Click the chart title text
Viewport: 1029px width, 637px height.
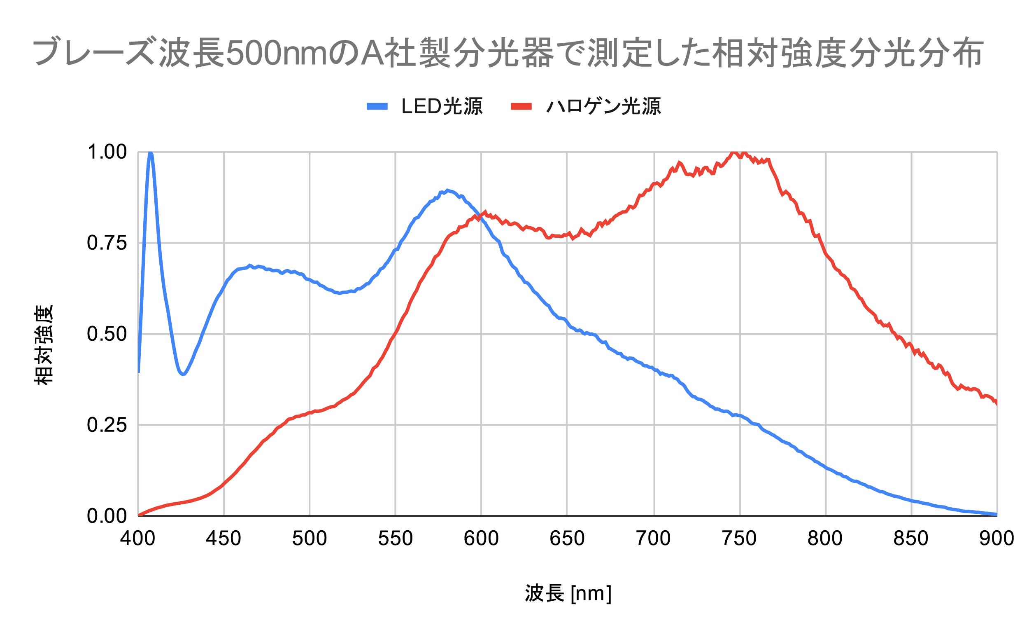coord(508,52)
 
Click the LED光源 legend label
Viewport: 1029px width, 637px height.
coord(442,106)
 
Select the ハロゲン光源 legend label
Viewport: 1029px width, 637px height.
coord(603,106)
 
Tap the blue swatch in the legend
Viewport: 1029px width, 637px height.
coord(377,106)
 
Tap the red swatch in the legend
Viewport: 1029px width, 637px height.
coord(521,106)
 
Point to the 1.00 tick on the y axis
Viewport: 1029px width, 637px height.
coord(107,152)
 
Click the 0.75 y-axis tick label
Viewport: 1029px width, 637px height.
coord(107,243)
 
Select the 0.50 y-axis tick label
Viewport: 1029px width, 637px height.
coord(107,334)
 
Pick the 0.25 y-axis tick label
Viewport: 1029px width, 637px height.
coord(107,425)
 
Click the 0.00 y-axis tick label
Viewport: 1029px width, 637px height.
coord(107,516)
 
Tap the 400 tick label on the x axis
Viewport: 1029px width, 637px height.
coord(137,539)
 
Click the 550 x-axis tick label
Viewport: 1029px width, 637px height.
coord(395,539)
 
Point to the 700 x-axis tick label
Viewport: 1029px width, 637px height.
coord(653,539)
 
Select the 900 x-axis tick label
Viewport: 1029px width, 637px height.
coord(996,539)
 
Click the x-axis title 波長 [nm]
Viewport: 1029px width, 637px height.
coord(568,594)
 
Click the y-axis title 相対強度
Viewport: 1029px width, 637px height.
coord(44,344)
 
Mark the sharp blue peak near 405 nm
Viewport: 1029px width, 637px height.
coord(150,153)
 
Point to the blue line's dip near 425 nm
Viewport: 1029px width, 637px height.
coord(183,374)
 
